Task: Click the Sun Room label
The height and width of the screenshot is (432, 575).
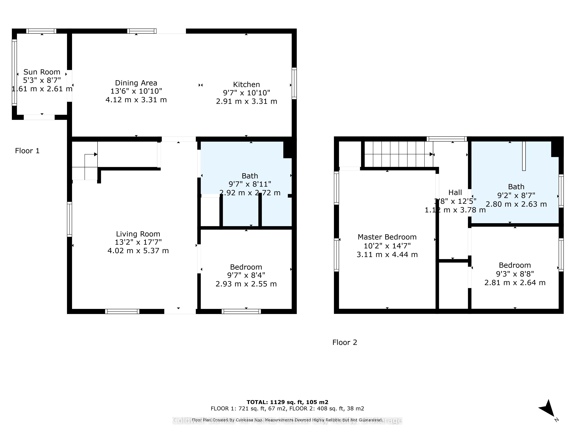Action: [x=42, y=72]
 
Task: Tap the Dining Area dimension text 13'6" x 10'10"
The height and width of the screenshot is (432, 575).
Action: [x=136, y=91]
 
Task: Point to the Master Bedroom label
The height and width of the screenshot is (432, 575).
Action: [x=387, y=237]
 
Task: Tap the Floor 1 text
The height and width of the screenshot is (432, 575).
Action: [x=27, y=151]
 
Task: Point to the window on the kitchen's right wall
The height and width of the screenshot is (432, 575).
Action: [x=294, y=83]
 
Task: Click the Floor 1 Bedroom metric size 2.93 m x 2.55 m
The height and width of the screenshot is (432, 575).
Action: [x=246, y=284]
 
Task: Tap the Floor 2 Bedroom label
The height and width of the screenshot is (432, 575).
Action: [x=515, y=265]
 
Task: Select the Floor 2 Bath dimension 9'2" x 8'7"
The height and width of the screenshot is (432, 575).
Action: [x=516, y=195]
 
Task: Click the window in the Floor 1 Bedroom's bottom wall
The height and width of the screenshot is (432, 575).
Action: [x=241, y=311]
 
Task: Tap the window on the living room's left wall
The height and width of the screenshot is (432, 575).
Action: [x=69, y=219]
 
